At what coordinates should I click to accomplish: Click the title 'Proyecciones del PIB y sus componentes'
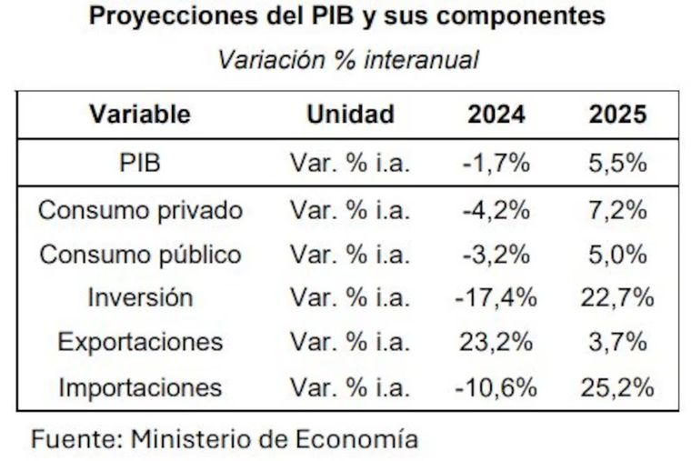[346, 18]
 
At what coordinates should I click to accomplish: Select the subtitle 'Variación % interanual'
[347, 61]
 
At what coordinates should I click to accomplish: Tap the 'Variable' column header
[140, 115]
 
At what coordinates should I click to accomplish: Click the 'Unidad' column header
[350, 115]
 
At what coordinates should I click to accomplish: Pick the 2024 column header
[496, 115]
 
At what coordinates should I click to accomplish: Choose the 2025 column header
[617, 115]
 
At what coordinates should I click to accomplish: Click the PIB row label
[140, 164]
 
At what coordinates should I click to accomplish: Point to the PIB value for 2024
[496, 164]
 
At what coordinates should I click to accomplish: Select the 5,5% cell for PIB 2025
[617, 164]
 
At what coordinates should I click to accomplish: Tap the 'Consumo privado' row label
[140, 211]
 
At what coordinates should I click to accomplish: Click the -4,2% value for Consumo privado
[496, 211]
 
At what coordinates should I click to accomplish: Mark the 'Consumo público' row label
[140, 255]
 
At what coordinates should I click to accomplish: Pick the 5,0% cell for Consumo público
[617, 255]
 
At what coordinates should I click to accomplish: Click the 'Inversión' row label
[140, 298]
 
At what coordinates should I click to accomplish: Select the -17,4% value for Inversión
[496, 298]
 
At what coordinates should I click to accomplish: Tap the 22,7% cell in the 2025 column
[617, 298]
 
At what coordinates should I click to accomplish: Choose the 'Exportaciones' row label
[140, 343]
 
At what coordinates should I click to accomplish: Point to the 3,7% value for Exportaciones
[617, 343]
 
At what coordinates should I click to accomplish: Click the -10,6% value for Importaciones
[496, 387]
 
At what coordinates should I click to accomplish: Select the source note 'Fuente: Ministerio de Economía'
[225, 439]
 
